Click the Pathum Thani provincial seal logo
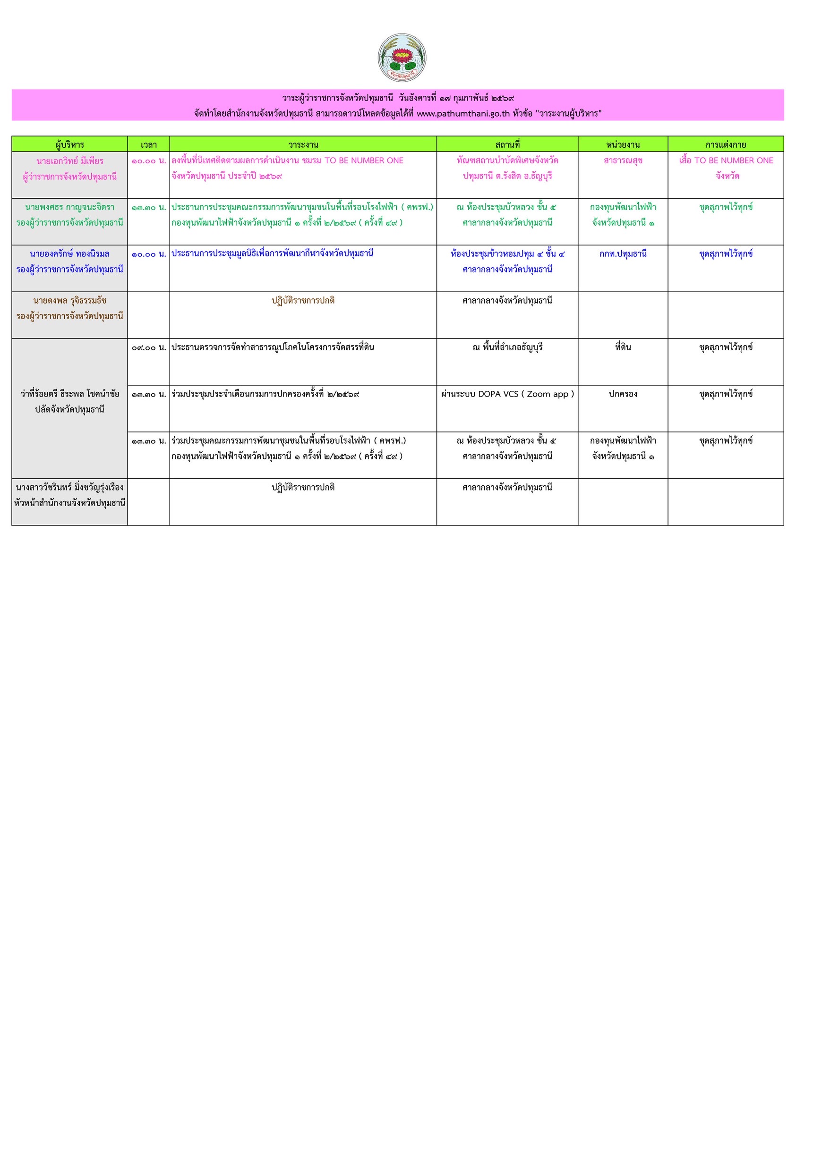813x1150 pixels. [402, 58]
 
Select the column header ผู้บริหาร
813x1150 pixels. [69, 144]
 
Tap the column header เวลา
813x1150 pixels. [148, 144]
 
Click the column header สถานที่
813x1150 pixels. [507, 144]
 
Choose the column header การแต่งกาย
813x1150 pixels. [725, 144]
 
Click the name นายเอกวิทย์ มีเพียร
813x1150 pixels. [69, 161]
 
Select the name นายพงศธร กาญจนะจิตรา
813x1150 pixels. [69, 207]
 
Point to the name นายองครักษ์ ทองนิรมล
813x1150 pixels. [69, 254]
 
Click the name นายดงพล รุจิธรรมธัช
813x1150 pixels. [69, 301]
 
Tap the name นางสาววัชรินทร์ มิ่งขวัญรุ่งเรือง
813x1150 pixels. [69, 487]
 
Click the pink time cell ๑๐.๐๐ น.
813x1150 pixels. [148, 161]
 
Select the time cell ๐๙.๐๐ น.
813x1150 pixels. [148, 347]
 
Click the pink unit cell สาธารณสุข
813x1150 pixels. [623, 161]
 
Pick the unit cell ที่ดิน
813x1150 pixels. [623, 347]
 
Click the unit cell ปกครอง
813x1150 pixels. [623, 394]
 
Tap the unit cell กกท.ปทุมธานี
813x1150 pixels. [623, 254]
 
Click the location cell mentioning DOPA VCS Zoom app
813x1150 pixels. [507, 394]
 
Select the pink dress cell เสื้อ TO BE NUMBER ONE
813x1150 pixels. [725, 161]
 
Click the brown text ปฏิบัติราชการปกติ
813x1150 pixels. [303, 301]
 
